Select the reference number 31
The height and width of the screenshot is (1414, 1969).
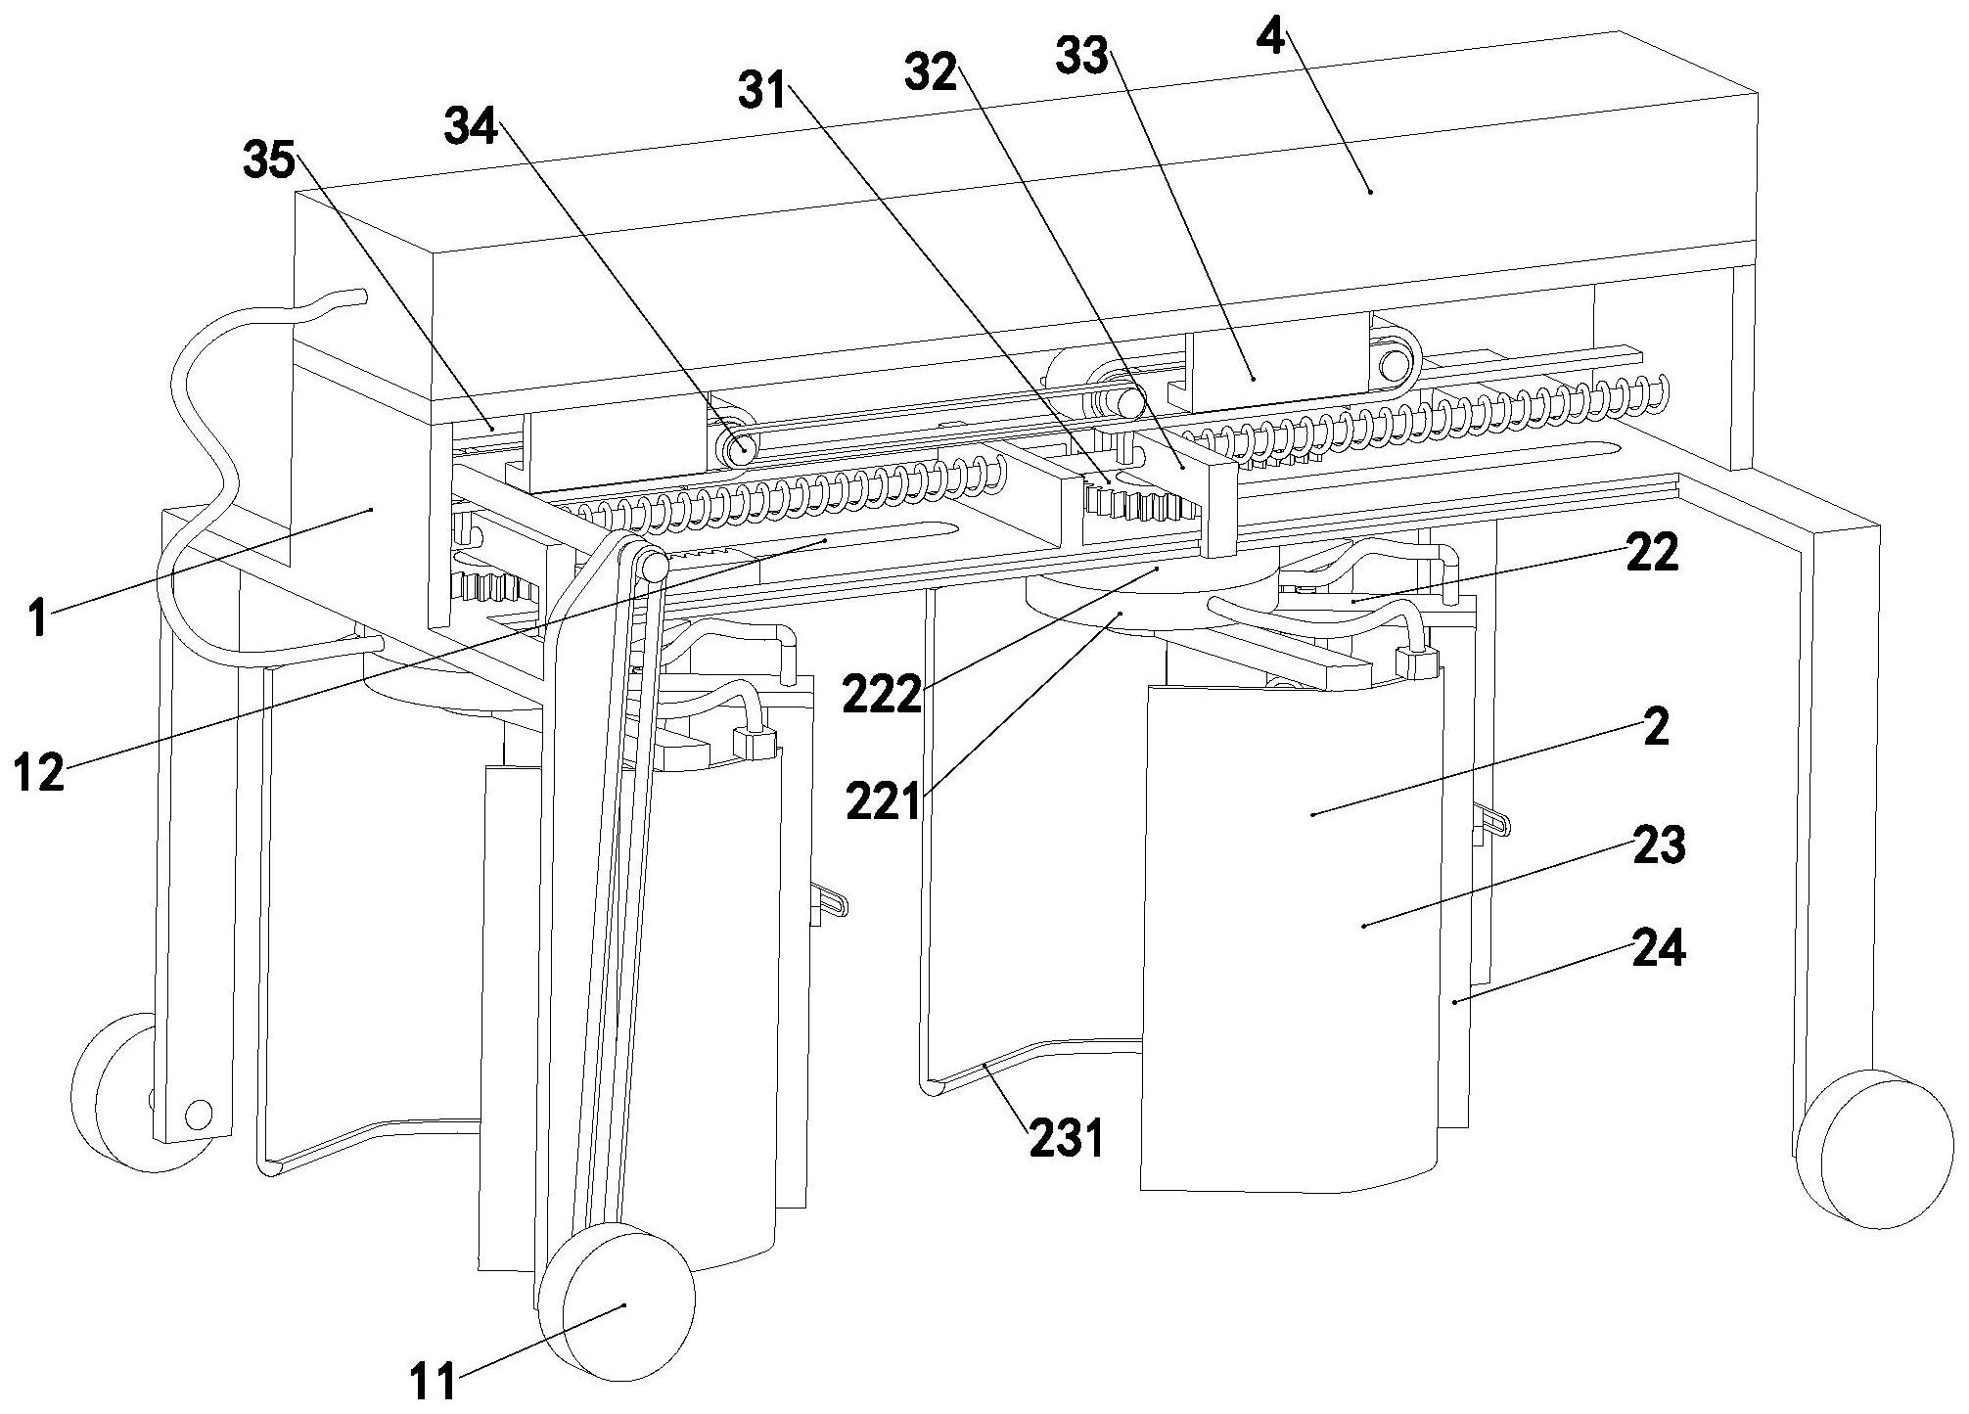click(763, 91)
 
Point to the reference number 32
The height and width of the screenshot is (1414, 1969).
click(930, 71)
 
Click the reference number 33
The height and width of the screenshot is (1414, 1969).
click(1081, 57)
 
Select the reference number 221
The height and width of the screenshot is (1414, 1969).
click(884, 802)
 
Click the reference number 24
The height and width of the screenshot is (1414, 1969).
click(1659, 947)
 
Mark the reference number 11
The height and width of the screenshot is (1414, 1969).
click(434, 1383)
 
